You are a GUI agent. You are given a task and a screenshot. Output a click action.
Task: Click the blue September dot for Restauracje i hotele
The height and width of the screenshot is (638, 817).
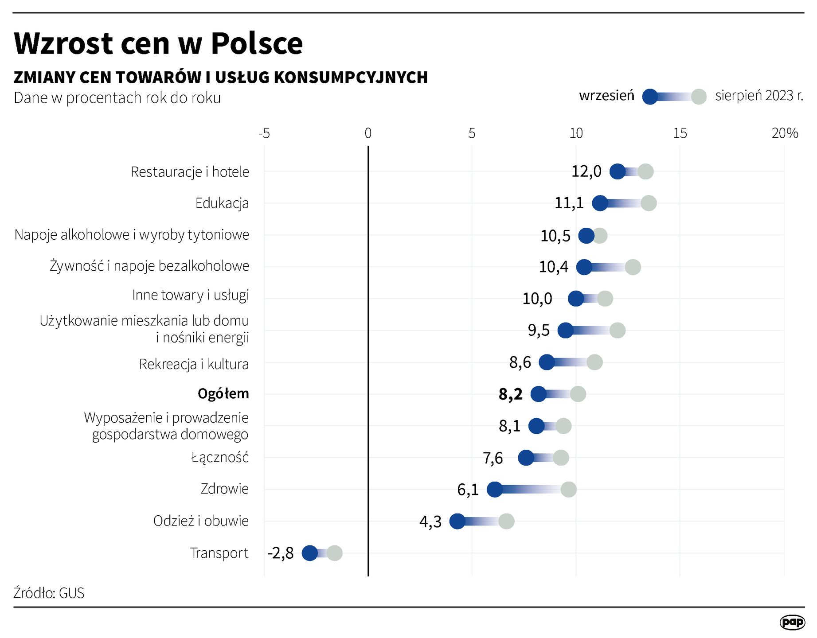(618, 171)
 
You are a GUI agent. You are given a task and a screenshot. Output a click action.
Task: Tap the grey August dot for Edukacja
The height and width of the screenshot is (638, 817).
(649, 203)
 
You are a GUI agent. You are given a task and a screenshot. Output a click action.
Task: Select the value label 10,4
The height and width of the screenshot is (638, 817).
(553, 267)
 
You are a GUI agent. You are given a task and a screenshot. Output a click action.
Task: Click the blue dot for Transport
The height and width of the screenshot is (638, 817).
(310, 553)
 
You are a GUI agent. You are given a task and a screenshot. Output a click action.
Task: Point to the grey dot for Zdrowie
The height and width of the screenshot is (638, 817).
(568, 490)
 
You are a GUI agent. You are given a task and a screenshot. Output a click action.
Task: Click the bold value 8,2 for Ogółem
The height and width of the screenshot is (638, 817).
(511, 394)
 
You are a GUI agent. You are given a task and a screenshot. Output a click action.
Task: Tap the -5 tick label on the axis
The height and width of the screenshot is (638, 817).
(264, 133)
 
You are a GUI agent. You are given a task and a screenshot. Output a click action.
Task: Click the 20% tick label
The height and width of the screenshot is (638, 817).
(784, 133)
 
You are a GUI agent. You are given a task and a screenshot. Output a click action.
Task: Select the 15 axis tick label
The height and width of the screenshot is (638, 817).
(680, 133)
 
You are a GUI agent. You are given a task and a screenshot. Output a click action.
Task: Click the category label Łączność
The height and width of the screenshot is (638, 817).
(220, 457)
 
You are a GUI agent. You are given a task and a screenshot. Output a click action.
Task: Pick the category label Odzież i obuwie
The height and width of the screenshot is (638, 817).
(201, 521)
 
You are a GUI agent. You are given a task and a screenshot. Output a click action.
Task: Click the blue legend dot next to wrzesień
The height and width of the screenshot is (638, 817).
(650, 97)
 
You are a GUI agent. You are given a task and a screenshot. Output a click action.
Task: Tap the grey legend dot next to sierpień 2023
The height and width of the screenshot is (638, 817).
(699, 97)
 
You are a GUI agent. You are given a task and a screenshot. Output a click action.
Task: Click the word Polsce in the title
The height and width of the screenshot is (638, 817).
(257, 43)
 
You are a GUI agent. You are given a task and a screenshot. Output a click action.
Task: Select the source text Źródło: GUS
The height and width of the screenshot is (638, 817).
(49, 593)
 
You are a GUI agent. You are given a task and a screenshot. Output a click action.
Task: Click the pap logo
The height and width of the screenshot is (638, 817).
(792, 622)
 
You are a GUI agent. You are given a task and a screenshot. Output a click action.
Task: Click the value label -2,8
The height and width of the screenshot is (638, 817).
(281, 553)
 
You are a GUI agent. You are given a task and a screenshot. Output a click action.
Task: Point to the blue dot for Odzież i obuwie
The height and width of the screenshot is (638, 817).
(457, 521)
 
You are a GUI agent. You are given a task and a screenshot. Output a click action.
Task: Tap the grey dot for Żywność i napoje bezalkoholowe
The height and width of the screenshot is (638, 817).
(633, 267)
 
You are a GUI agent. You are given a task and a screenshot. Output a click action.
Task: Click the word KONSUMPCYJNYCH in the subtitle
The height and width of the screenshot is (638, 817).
(350, 77)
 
